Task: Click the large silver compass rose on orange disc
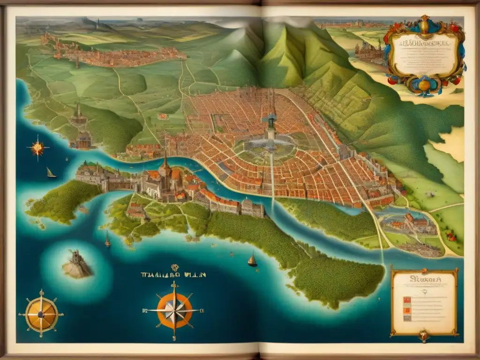pos(174,310)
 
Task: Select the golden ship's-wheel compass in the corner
pos(41,314)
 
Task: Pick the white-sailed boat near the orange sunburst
pos(50,173)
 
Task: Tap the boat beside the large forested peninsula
pos(252,260)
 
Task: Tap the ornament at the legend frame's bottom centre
pos(423,334)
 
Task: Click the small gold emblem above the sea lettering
pos(175,268)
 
